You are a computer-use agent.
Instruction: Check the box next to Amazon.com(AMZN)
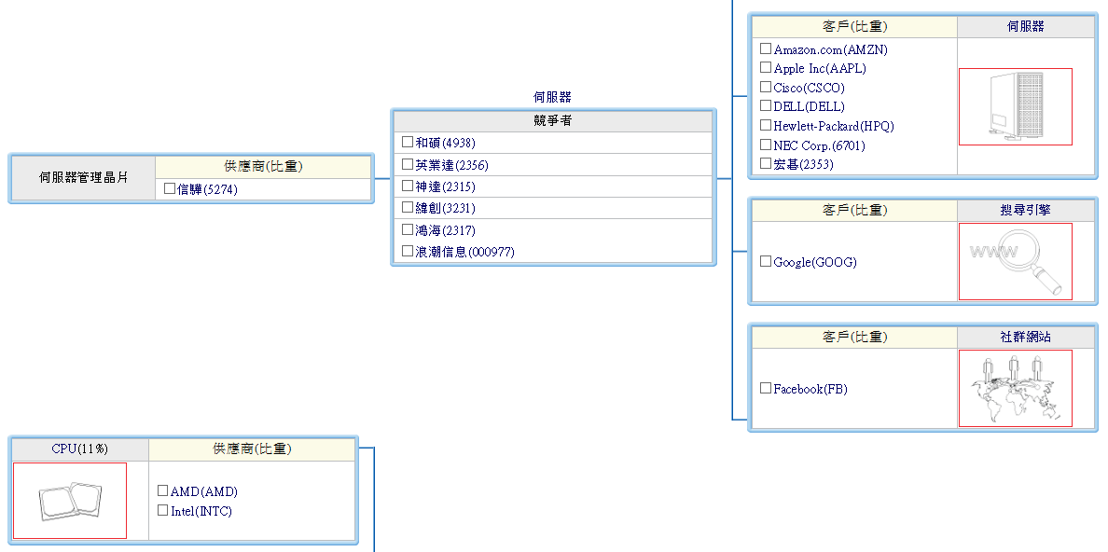[766, 48]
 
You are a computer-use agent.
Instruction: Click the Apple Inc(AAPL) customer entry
[820, 68]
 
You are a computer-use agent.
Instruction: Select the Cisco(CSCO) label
[809, 88]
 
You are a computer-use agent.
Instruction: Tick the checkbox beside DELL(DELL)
[766, 106]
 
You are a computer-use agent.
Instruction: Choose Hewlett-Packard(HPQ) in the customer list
[833, 126]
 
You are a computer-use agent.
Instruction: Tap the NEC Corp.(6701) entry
[819, 145]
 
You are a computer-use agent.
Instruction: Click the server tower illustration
[1015, 106]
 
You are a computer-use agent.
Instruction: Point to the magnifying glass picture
[1015, 261]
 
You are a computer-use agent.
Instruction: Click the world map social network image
[1015, 388]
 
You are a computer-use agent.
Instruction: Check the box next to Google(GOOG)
[766, 262]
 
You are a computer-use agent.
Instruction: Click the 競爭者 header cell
[553, 120]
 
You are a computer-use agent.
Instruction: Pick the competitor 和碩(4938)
[445, 143]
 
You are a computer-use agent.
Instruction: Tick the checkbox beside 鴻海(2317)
[408, 229]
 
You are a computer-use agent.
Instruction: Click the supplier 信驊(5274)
[207, 189]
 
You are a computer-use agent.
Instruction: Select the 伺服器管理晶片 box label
[84, 177]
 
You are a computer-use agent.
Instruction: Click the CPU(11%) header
[79, 448]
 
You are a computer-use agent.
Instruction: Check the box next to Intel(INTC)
[163, 511]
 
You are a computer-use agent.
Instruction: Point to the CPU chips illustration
[70, 501]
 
